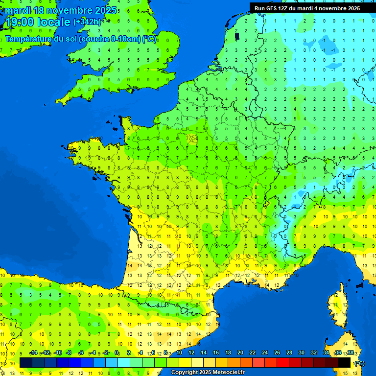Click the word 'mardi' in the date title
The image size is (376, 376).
click(x=17, y=10)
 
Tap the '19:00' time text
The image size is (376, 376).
click(x=19, y=22)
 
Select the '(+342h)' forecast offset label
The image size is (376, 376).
click(x=87, y=22)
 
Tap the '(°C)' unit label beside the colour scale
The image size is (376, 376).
click(x=359, y=363)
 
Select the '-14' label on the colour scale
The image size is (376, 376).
click(x=34, y=353)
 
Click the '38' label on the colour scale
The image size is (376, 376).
click(x=350, y=353)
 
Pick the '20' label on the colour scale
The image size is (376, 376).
click(x=240, y=353)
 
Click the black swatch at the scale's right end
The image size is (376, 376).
click(x=344, y=362)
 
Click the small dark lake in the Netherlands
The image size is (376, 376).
click(x=237, y=36)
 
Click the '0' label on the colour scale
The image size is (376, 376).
click(x=117, y=353)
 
